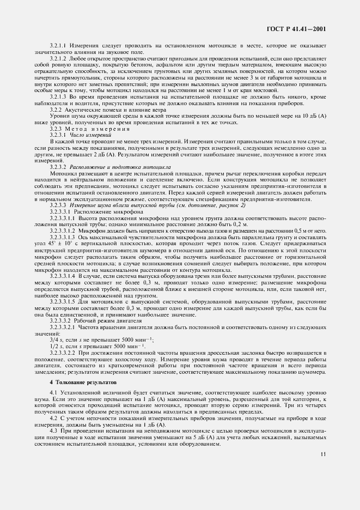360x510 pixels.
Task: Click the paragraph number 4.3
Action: tap(53, 433)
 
